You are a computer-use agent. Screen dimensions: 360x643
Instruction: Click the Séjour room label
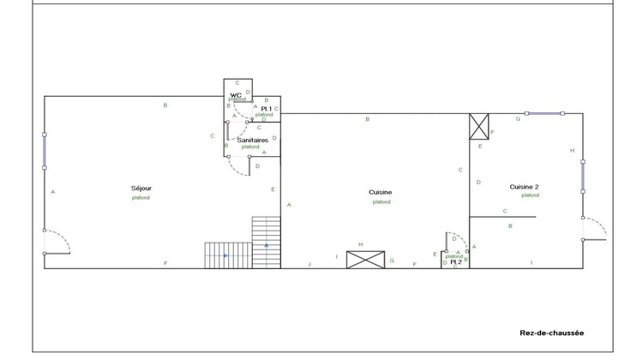point(141,188)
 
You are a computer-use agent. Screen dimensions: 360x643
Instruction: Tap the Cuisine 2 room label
point(524,186)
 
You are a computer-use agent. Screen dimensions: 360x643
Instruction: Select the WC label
point(235,94)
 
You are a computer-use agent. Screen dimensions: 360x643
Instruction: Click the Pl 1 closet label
point(266,108)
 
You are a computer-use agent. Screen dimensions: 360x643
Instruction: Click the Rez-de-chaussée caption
point(552,333)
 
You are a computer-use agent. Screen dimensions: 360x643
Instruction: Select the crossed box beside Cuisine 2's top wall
point(478,126)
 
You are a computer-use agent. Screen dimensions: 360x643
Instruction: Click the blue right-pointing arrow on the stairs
point(225,255)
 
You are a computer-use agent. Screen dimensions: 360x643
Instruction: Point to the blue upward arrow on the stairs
point(267,246)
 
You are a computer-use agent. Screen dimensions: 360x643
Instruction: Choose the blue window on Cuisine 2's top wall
point(545,113)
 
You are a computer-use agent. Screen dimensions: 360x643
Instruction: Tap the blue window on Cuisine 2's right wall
point(583,176)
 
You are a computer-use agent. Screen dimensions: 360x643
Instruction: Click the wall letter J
point(309,264)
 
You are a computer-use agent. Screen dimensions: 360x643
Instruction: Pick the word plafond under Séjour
point(141,198)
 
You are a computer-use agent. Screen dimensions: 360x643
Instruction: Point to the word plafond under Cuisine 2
point(530,195)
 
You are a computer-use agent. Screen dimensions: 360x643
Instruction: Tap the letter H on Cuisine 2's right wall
point(572,150)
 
